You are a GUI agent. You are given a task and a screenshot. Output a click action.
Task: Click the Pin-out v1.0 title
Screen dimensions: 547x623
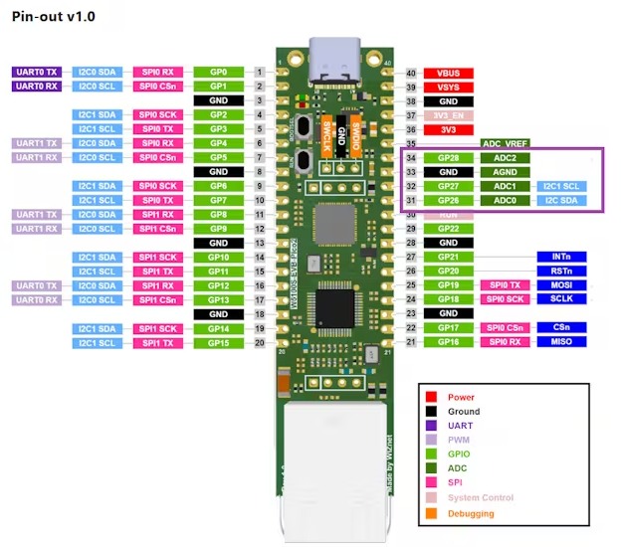click(54, 19)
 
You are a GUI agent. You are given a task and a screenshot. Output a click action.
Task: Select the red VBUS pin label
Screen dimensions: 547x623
click(448, 74)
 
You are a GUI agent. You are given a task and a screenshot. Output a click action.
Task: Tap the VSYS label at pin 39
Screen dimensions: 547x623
click(448, 88)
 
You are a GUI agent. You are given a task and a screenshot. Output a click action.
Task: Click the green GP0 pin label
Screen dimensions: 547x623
click(218, 73)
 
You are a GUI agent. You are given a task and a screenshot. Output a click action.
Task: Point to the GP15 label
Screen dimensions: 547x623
click(218, 343)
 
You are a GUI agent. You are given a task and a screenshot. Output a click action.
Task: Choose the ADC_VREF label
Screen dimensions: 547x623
click(506, 144)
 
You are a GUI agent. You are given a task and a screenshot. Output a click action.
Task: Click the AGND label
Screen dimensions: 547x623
click(506, 172)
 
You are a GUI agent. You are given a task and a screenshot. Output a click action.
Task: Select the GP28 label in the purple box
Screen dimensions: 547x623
click(448, 158)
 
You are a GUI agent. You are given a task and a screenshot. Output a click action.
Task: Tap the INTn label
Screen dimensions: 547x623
click(561, 257)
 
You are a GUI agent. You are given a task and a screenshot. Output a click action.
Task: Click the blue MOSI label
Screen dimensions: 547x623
click(561, 284)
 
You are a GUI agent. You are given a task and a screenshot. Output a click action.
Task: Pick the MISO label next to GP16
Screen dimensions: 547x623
click(561, 343)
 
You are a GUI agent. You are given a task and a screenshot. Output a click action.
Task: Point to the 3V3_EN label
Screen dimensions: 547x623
click(448, 116)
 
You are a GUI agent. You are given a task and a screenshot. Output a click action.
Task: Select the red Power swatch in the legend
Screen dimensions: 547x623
click(432, 398)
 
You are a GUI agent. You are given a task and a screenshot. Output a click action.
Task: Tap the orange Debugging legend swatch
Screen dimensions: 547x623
click(432, 513)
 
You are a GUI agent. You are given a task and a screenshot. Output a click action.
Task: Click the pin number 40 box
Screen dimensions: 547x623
click(411, 74)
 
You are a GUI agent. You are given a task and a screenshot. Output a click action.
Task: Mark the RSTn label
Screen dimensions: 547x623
click(561, 271)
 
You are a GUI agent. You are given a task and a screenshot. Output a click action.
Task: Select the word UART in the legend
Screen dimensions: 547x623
click(461, 425)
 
